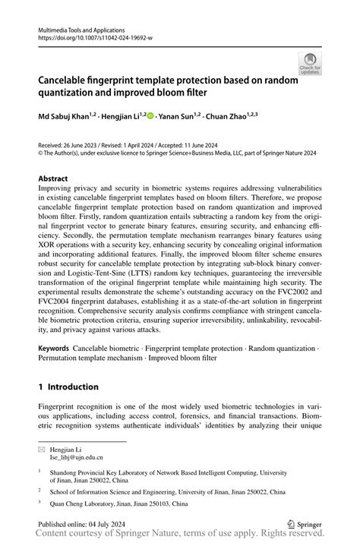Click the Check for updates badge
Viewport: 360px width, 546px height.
[310, 64]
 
